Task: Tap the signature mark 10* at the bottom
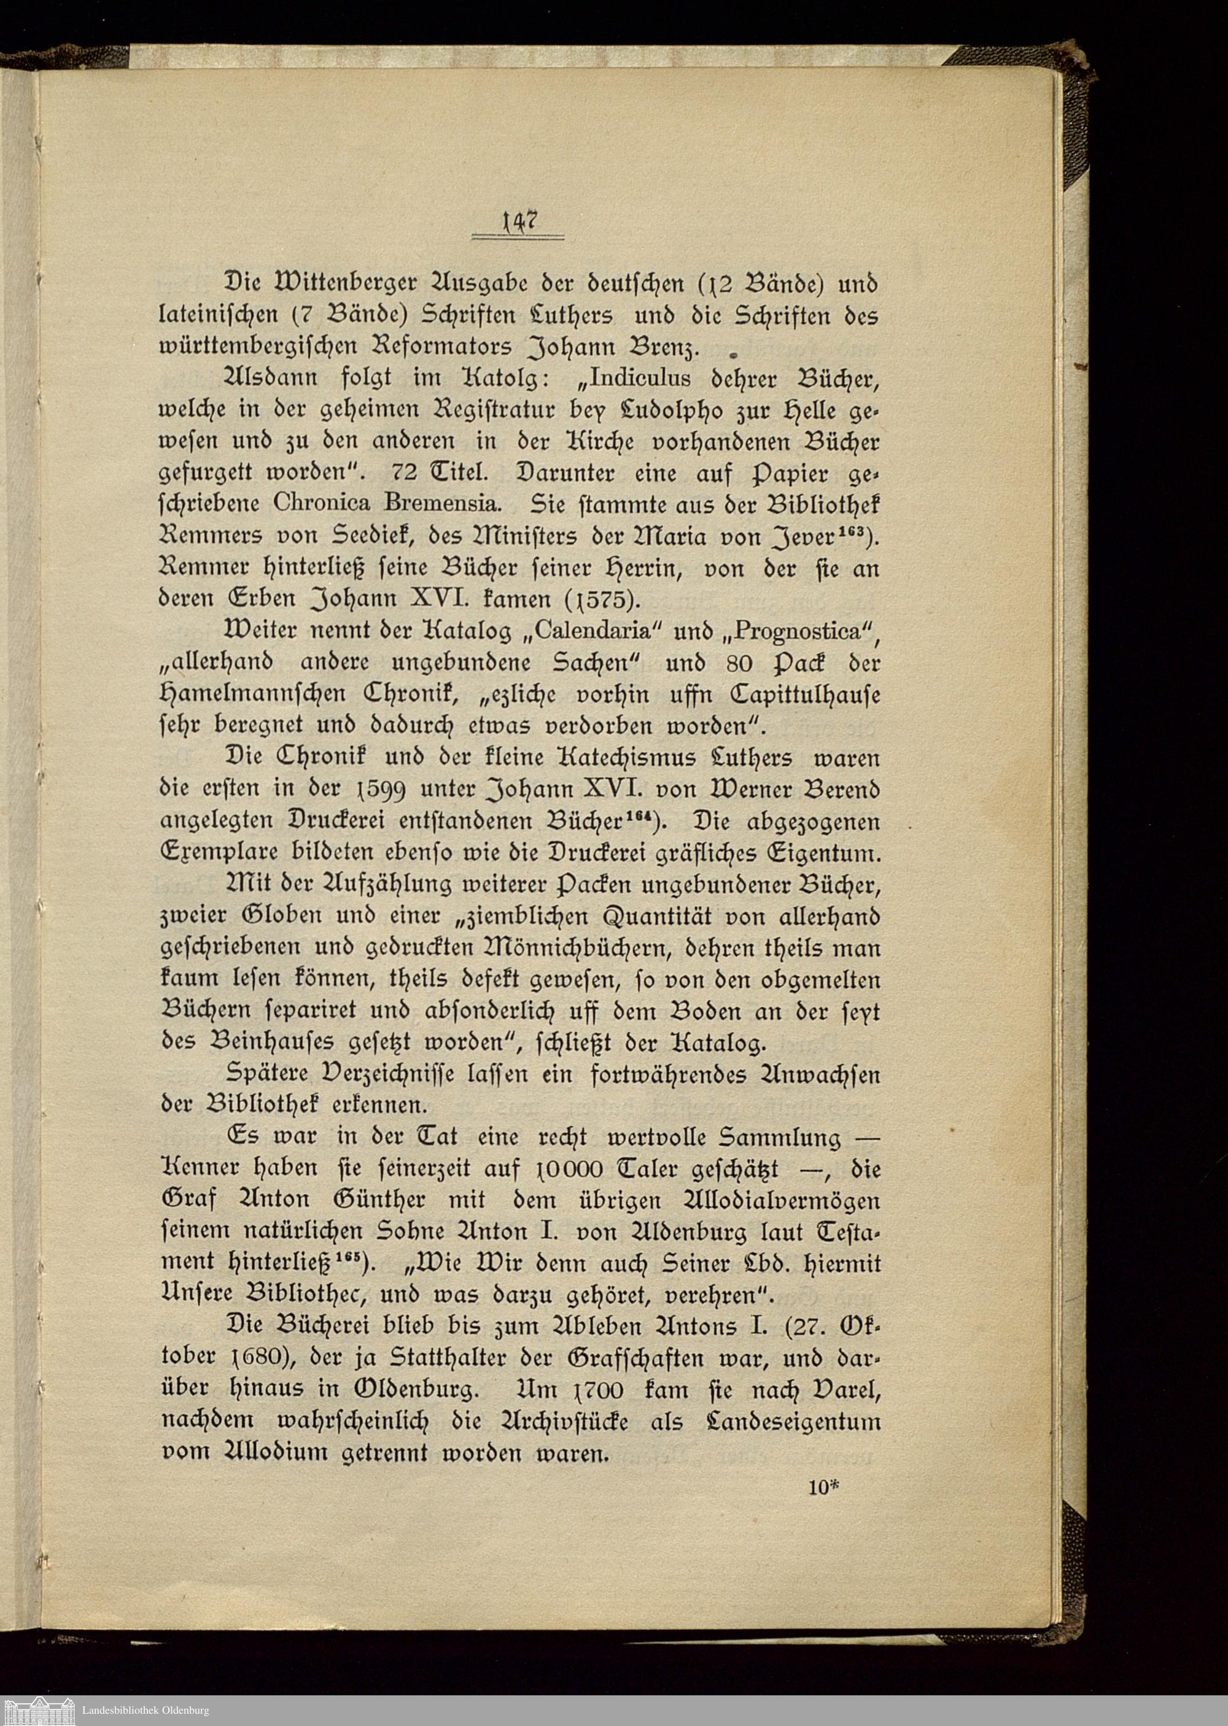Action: click(824, 1487)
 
